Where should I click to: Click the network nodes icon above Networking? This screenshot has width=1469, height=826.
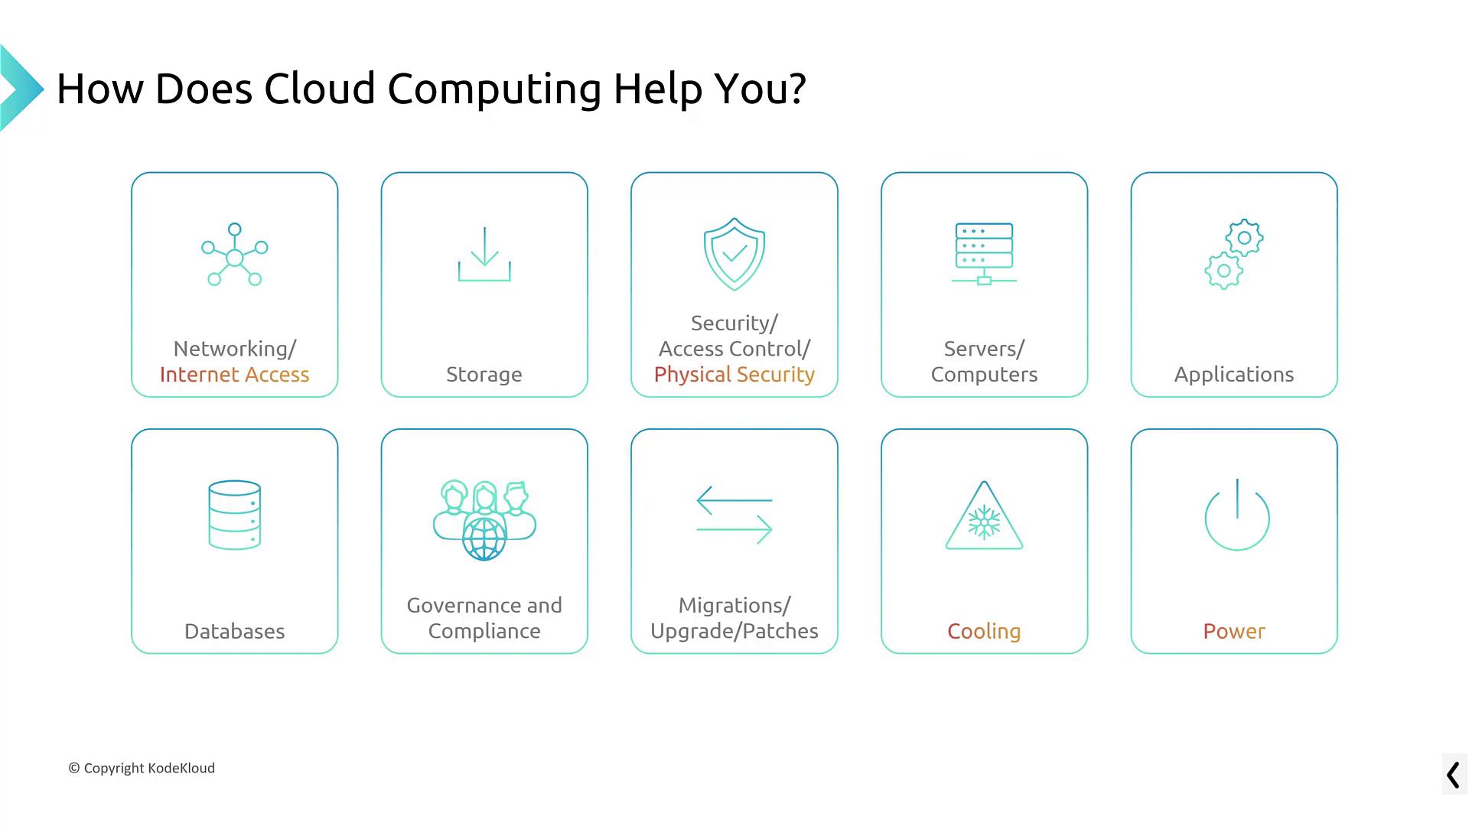235,255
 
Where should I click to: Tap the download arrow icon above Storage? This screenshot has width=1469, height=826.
484,255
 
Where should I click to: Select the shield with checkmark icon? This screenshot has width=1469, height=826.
734,254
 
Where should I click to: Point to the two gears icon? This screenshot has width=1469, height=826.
1233,254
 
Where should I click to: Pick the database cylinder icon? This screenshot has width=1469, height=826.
235,515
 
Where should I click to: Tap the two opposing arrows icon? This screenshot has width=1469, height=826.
734,515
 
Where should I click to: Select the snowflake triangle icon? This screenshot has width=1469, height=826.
984,516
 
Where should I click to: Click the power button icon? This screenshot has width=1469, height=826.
1236,515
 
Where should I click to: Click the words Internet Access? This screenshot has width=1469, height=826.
235,375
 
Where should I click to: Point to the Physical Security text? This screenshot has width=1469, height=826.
734,375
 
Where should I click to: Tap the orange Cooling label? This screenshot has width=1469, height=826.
984,632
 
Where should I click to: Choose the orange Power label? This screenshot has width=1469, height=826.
1233,632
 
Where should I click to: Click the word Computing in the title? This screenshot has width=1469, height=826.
494,89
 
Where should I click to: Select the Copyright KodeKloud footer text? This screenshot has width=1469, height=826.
142,768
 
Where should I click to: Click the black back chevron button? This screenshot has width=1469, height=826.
1453,775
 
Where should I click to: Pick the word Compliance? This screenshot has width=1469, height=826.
484,632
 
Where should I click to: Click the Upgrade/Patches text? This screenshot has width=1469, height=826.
734,632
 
